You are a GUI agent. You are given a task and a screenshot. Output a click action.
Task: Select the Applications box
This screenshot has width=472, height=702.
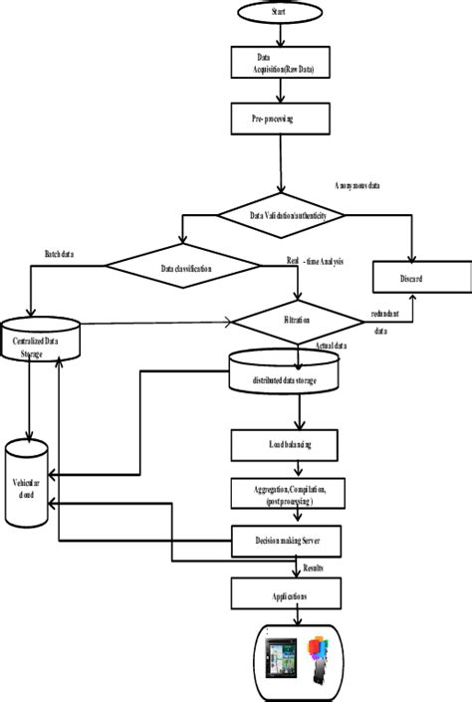pyautogui.click(x=289, y=595)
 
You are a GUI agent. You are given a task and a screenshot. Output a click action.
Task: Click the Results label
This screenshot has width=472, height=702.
pyautogui.click(x=318, y=568)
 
